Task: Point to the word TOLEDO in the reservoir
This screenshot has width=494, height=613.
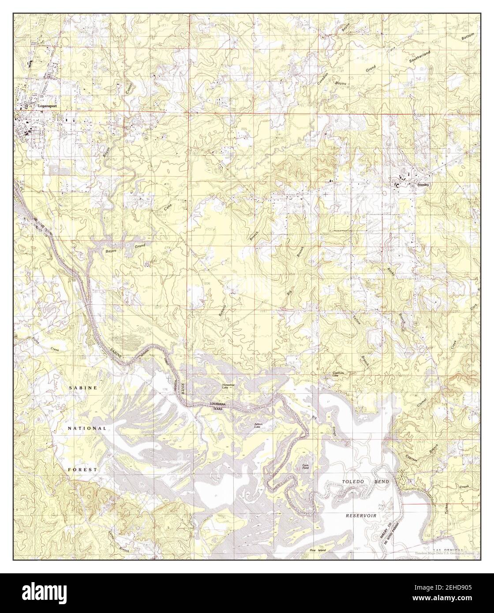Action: (355, 482)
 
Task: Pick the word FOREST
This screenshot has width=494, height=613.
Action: (82, 470)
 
